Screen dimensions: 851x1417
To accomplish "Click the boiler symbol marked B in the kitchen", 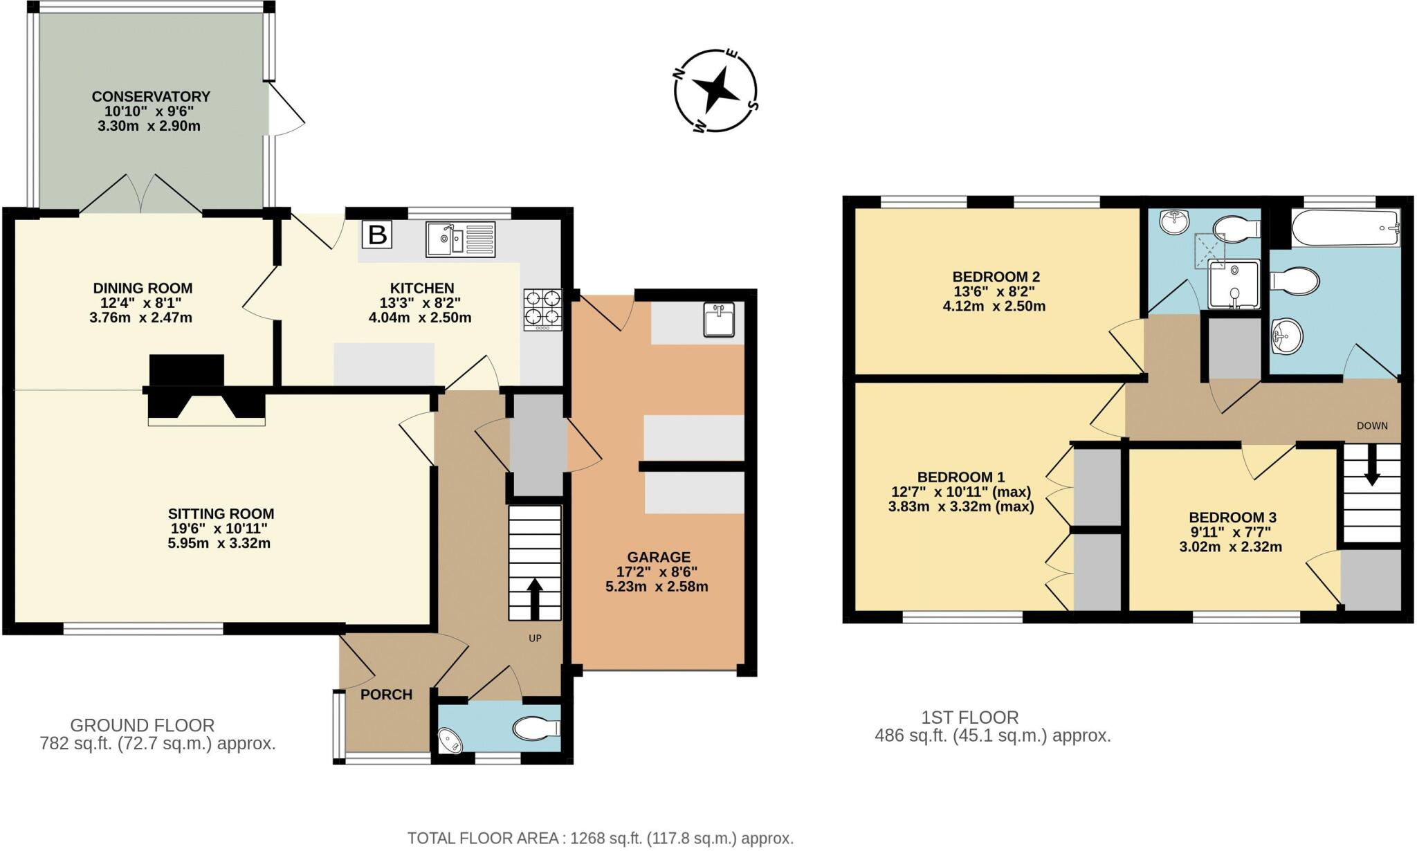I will (377, 235).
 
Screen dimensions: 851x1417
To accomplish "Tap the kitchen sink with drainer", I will (460, 239).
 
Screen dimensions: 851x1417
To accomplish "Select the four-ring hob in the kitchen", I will (543, 309).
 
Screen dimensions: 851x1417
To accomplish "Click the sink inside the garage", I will (719, 320).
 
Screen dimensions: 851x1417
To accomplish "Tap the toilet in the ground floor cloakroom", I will (536, 728).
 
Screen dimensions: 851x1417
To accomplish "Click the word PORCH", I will (386, 695).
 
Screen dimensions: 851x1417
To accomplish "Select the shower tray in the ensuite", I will (1234, 284).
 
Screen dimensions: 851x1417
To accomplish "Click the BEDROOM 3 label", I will (1232, 518).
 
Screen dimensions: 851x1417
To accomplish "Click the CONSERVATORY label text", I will (151, 96).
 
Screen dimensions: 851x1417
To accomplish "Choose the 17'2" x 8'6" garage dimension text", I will (657, 572).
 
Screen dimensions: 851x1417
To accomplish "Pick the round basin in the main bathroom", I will (1286, 338).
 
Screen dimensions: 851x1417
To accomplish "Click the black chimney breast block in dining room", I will (187, 370).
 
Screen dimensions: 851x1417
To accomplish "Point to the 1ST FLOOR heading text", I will (969, 717).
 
